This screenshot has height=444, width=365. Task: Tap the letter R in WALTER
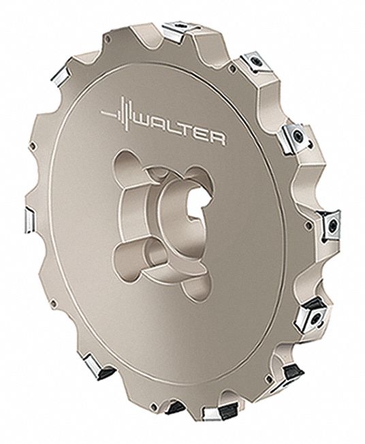pyautogui.click(x=217, y=139)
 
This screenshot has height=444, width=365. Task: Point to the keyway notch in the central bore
pyautogui.click(x=195, y=219)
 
